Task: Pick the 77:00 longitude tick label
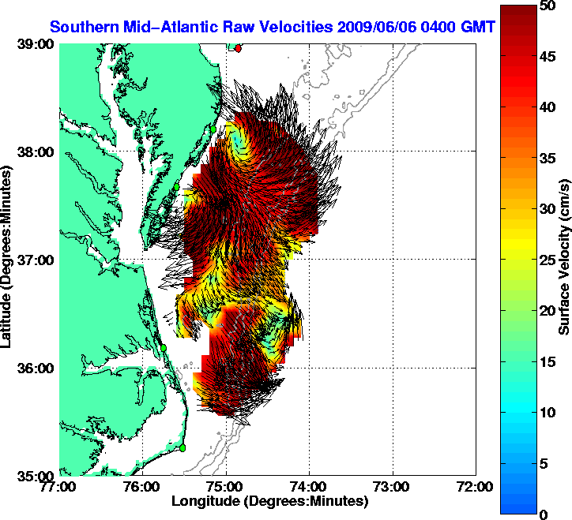pyautogui.click(x=60, y=487)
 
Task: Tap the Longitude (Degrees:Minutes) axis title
pyautogui.click(x=269, y=501)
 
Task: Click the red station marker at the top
pyautogui.click(x=239, y=48)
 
